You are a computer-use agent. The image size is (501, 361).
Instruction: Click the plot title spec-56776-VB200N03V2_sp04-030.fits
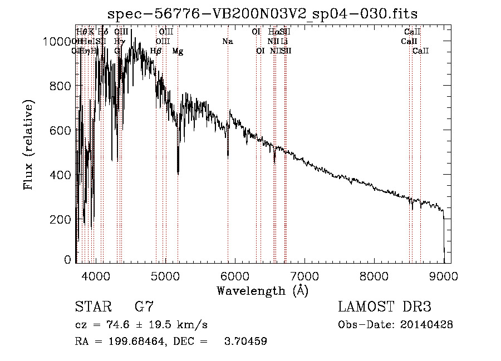[x=263, y=13]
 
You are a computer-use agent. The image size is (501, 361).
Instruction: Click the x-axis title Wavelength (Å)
[x=262, y=290]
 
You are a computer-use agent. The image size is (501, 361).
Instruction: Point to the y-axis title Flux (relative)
[x=28, y=144]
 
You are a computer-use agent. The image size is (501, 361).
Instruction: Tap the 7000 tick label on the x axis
[x=304, y=275]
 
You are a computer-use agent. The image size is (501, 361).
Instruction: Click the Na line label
[x=227, y=42]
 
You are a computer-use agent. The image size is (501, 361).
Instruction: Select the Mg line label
[x=178, y=51]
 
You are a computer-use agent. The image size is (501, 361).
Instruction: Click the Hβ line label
[x=156, y=51]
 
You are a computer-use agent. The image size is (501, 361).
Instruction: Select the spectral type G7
[x=144, y=306]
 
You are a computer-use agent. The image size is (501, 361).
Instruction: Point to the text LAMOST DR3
[x=384, y=306]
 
